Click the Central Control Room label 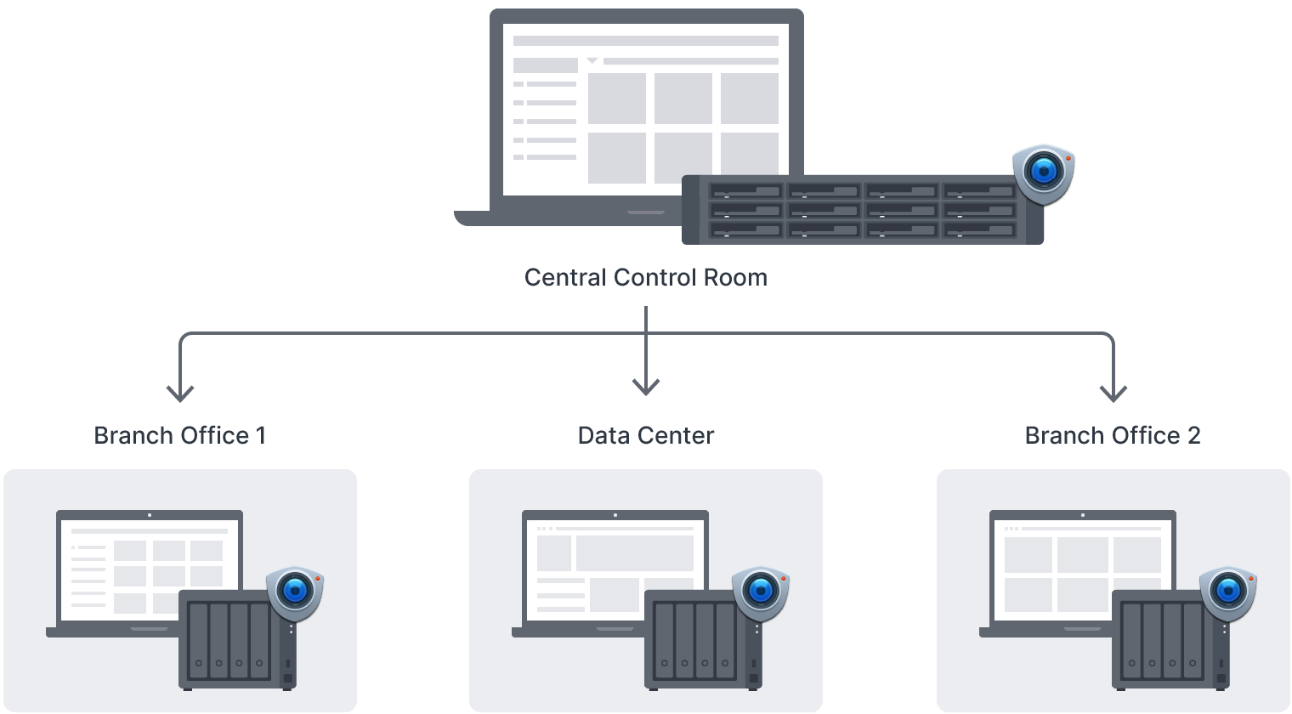645,278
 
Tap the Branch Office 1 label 180,436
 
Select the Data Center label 645,436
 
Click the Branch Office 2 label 1112,436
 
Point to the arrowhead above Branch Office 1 180,393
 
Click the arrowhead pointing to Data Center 646,388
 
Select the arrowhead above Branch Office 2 1113,393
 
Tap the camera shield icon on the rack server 1044,175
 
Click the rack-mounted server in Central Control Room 863,210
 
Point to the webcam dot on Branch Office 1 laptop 150,514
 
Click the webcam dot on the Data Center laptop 615,514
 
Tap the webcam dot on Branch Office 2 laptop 1083,514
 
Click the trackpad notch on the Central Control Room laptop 646,212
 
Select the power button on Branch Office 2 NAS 1221,679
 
